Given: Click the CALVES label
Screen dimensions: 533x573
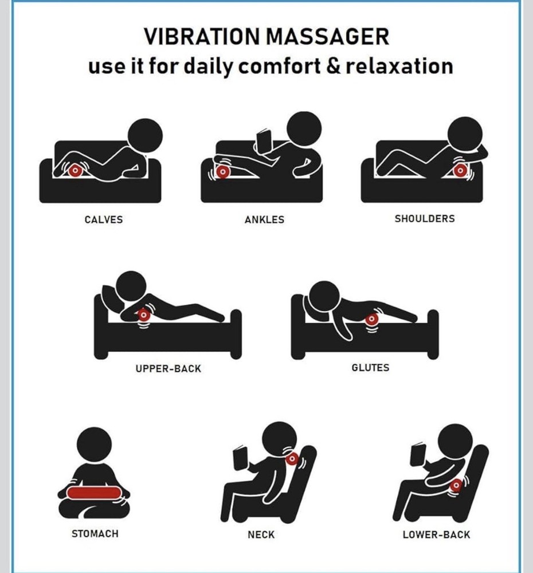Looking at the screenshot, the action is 104,219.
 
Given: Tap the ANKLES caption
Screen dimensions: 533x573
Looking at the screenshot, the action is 264,219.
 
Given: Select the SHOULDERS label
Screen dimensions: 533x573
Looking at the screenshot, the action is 425,218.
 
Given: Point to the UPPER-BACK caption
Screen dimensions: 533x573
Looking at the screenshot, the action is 168,368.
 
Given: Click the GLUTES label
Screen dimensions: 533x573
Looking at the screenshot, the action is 370,367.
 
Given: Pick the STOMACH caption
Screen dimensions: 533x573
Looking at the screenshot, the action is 95,533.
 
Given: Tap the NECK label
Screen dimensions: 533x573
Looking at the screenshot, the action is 261,535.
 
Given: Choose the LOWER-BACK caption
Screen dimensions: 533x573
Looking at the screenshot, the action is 436,535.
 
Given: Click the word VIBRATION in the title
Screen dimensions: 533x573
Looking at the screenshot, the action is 201,37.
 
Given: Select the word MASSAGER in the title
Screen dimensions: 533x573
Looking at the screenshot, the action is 328,37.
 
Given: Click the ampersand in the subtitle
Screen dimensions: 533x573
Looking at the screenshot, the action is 332,66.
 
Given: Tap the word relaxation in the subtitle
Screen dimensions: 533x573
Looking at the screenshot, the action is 399,66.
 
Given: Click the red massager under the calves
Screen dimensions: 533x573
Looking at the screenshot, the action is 75,170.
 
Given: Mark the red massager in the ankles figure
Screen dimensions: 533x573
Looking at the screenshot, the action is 222,171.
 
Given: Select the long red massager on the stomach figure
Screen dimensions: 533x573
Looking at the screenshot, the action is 93,492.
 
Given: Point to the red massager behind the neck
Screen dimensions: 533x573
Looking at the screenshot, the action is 292,458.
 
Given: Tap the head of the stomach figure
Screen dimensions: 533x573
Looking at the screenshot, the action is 95,445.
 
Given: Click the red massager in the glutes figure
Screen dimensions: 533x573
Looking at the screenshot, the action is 371,319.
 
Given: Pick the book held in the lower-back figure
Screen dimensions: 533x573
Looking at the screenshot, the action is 418,454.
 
